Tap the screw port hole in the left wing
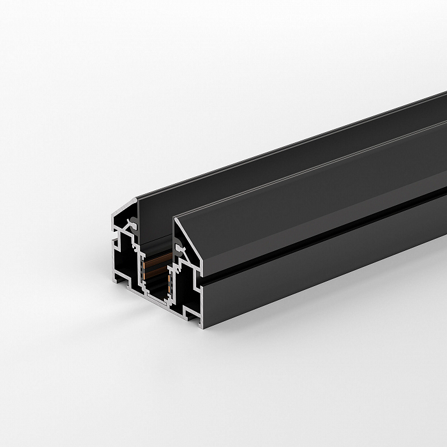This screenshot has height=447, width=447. coord(134,224)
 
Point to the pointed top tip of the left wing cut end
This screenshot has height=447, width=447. coord(136,200)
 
